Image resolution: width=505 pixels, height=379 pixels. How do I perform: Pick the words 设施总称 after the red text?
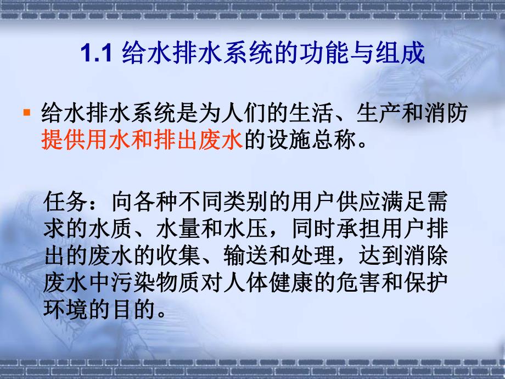(304, 141)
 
